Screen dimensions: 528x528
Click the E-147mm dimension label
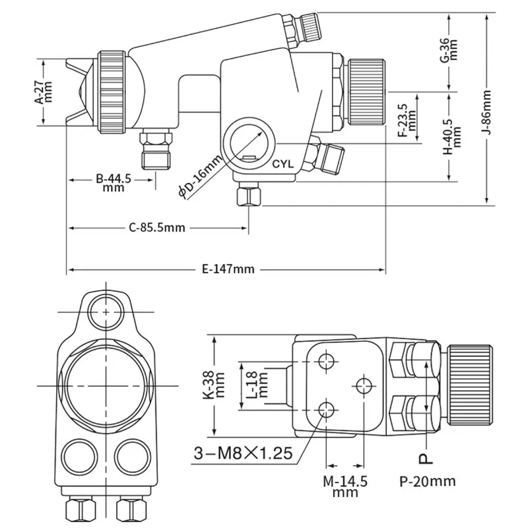click(x=228, y=269)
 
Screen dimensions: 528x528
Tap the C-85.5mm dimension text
click(x=157, y=228)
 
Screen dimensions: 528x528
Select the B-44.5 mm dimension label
click(x=114, y=183)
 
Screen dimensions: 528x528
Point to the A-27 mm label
click(x=44, y=92)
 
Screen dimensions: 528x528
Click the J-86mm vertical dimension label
click(x=487, y=112)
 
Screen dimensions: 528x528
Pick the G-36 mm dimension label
click(x=449, y=50)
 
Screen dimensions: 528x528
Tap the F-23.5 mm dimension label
click(x=407, y=120)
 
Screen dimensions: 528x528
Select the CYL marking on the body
click(x=283, y=164)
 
